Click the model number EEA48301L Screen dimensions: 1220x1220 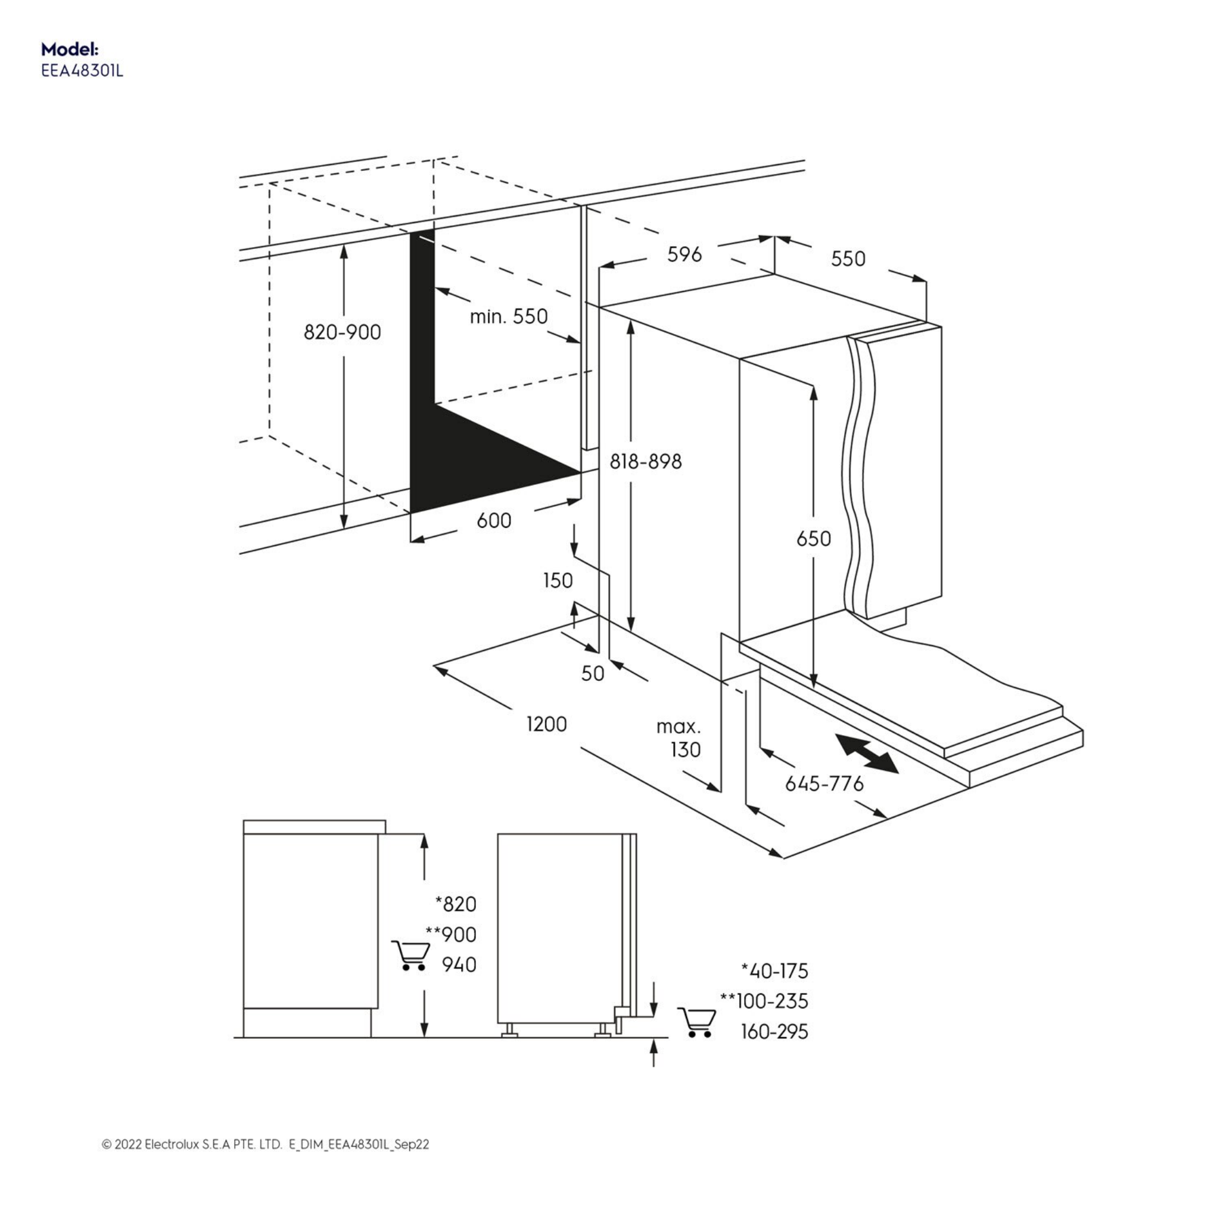tap(82, 71)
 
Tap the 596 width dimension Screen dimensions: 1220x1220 tap(684, 254)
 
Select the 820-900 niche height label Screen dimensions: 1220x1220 tap(343, 332)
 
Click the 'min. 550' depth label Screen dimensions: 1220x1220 tap(508, 316)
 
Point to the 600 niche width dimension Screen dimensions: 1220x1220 tap(494, 521)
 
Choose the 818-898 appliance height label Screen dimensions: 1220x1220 tap(645, 462)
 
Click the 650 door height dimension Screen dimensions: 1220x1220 tap(813, 539)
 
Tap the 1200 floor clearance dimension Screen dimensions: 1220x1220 tap(547, 724)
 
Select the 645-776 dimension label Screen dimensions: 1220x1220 tap(824, 784)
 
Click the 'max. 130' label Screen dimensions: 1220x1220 tap(680, 738)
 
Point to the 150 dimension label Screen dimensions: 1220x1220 tap(558, 580)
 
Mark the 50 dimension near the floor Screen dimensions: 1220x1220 tap(592, 674)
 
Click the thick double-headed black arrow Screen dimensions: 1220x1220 tap(866, 754)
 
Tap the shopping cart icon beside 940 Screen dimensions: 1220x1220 tap(410, 955)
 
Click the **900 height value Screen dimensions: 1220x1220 tap(451, 935)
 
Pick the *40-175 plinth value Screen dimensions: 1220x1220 tap(774, 970)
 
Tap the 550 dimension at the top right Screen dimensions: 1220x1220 tap(848, 259)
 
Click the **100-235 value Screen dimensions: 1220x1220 tap(764, 1001)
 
